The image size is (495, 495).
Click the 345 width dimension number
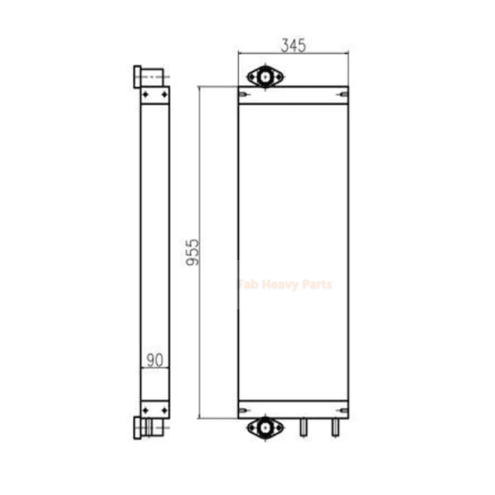tap(293, 46)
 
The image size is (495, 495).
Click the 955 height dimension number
tap(193, 252)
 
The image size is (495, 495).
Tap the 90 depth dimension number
tap(155, 360)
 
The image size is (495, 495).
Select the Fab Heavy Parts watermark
tap(285, 285)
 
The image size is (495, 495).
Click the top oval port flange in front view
tap(265, 77)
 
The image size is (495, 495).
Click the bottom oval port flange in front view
tap(265, 428)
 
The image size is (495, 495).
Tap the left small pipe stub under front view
tap(303, 427)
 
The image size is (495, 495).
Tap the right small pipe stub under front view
tap(335, 427)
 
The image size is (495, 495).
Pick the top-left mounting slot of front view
tap(244, 94)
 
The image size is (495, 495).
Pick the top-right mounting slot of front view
tap(343, 94)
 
